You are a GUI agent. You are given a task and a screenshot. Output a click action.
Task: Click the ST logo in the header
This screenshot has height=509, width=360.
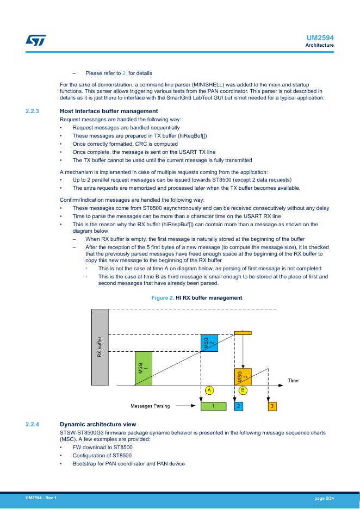[36, 40]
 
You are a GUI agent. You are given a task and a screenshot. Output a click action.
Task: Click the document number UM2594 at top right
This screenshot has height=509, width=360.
[320, 38]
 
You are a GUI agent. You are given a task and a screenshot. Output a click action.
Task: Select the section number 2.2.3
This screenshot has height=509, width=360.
[33, 111]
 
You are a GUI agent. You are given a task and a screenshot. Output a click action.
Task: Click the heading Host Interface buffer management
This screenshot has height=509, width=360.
[101, 111]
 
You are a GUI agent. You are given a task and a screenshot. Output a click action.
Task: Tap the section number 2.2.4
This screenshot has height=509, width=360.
[33, 424]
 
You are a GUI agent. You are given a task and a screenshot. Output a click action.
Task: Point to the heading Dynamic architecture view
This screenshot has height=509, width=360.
[98, 424]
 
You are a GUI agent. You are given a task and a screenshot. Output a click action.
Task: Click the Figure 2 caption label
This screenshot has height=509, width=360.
[166, 298]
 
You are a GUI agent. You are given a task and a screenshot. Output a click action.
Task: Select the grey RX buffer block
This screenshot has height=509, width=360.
[100, 347]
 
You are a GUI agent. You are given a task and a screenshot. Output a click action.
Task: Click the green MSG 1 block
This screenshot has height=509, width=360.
[142, 368]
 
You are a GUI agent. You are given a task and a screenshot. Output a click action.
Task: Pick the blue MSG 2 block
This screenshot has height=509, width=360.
[209, 343]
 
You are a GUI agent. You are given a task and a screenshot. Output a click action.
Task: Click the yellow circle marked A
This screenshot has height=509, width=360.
[209, 390]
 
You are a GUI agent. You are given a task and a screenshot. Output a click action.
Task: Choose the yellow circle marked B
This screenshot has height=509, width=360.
[243, 390]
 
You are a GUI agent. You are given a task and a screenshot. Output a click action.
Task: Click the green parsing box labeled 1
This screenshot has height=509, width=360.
[214, 406]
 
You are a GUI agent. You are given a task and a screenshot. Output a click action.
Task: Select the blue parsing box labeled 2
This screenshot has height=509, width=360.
[239, 406]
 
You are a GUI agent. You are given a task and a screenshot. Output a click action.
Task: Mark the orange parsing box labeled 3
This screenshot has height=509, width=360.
[272, 406]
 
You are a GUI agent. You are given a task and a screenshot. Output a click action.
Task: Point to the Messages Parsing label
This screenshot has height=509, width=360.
[151, 406]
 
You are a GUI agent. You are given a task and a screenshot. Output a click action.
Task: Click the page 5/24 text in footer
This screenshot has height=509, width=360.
[324, 498]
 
